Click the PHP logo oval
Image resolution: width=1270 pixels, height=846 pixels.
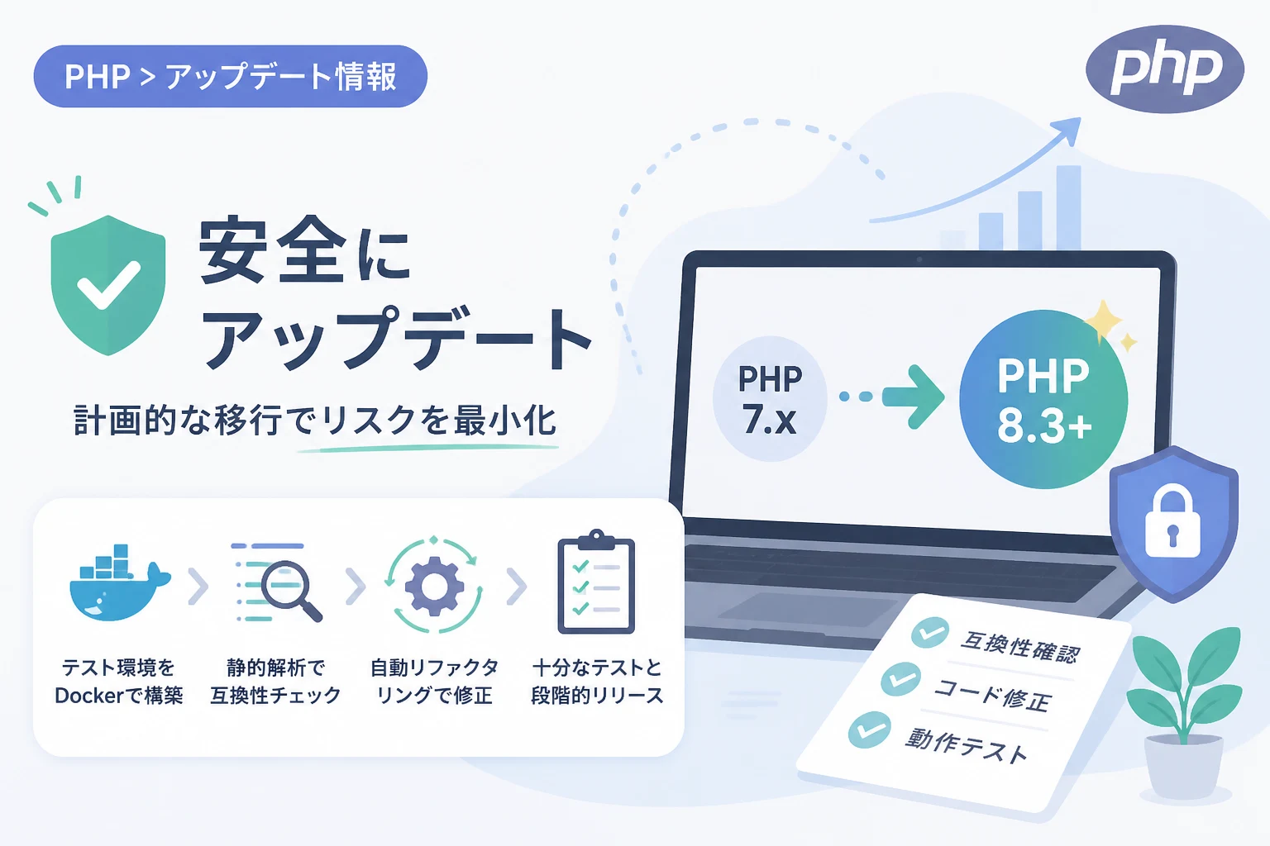[x=1164, y=69]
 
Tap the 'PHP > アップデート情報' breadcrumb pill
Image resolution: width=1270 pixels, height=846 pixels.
[x=230, y=77]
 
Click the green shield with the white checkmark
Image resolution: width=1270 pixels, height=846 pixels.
[x=107, y=285]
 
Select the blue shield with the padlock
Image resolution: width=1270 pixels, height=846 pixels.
[x=1173, y=524]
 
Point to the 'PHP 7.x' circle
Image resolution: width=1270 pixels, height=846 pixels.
[x=770, y=399]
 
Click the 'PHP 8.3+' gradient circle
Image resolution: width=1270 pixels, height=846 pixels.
[x=1043, y=400]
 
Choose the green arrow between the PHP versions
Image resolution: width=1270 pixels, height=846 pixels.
[x=912, y=397]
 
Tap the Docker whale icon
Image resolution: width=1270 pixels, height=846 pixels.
[x=120, y=582]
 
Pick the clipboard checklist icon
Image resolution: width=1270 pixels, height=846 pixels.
[x=596, y=582]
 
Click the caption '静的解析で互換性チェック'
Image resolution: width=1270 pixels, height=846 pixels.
[x=275, y=682]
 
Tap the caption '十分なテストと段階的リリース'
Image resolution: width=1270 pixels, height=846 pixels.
[x=597, y=682]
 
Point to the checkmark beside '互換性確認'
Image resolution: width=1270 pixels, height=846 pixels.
[x=930, y=632]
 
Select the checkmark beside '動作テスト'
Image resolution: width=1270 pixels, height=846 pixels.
[x=869, y=730]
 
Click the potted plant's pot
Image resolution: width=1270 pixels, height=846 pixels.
[x=1183, y=766]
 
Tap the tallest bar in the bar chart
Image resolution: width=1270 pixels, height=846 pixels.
[x=1068, y=207]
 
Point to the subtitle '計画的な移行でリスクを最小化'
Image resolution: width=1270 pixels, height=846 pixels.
[x=315, y=420]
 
